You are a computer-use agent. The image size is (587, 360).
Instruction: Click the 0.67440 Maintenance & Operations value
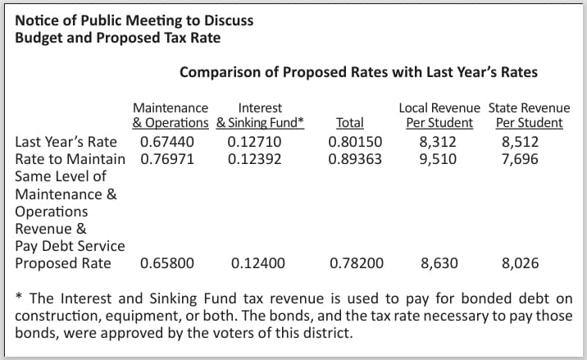click(167, 142)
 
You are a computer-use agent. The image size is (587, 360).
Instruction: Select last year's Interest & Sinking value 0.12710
click(254, 142)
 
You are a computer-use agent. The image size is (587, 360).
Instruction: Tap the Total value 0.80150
click(355, 142)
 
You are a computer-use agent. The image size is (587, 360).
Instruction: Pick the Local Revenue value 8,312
click(438, 143)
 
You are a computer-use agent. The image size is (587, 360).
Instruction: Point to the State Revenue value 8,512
click(520, 143)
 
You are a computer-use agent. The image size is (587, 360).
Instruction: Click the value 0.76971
click(167, 159)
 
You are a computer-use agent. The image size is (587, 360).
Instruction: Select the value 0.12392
click(255, 159)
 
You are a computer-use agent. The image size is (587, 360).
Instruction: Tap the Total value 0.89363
click(355, 159)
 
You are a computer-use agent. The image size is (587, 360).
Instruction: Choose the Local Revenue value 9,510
click(438, 160)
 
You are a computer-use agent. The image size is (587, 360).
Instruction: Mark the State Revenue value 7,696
click(520, 160)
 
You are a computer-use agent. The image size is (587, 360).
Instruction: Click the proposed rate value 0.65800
click(167, 263)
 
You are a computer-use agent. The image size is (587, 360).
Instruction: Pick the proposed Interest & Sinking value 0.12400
click(258, 263)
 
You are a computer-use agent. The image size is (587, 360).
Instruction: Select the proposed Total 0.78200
click(357, 263)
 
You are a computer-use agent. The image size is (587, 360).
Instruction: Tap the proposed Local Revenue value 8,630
click(439, 264)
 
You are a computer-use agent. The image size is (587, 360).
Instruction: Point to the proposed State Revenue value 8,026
click(520, 264)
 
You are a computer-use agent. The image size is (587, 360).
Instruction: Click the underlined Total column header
click(349, 123)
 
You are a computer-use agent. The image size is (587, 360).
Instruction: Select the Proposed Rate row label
click(63, 264)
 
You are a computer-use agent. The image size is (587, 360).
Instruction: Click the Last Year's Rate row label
click(66, 143)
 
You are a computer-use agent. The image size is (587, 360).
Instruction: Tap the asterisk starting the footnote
click(19, 297)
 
